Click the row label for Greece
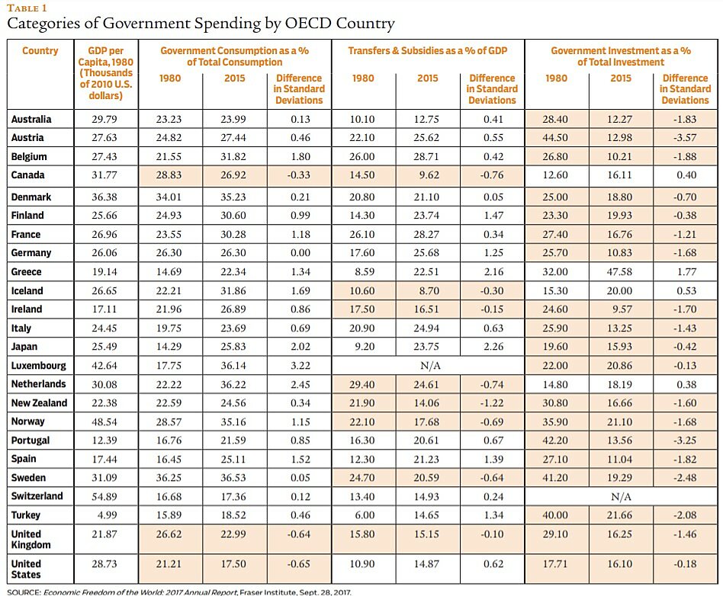point(27,271)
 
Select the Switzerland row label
point(36,496)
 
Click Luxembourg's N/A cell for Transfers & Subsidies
point(429,366)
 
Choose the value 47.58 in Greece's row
point(621,271)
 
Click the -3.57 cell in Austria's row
point(685,138)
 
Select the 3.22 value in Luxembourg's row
point(299,366)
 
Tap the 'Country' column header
point(40,51)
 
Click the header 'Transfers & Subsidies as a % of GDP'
point(427,51)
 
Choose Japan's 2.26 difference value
point(492,347)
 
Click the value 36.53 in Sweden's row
point(235,478)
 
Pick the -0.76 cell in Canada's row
point(492,175)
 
